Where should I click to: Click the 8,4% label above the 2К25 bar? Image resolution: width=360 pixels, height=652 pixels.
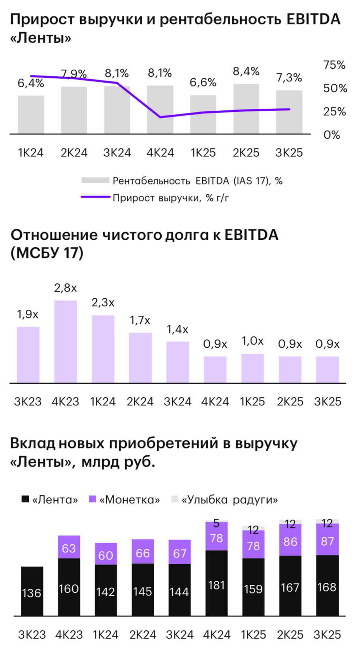246,72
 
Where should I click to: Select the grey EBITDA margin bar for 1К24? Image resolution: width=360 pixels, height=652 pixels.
31,115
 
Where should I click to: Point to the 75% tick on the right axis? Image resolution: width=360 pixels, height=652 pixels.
334,65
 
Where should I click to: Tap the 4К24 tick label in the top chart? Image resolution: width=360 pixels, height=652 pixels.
160,153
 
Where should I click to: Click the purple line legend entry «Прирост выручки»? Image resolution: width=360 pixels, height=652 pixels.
170,198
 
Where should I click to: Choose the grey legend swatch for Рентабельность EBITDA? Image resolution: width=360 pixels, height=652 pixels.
95,181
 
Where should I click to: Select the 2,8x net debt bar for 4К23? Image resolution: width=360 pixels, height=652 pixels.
66,342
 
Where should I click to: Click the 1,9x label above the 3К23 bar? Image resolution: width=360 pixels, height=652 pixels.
28,315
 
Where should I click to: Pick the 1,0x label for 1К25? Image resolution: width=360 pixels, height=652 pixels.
253,341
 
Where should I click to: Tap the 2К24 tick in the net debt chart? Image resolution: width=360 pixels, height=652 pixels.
140,402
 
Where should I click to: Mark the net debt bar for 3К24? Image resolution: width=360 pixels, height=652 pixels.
177,362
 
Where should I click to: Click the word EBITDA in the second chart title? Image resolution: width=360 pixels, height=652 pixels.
251,235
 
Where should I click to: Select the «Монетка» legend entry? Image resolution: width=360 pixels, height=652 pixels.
125,500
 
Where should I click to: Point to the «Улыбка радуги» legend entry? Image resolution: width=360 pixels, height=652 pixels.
224,500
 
